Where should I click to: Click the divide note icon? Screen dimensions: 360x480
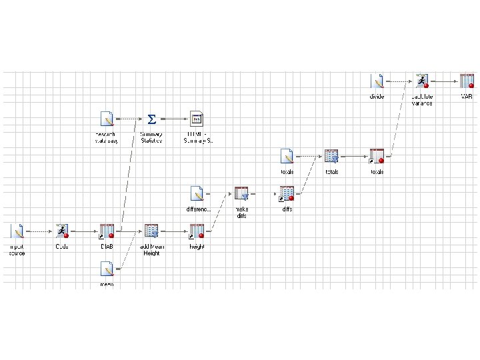pyautogui.click(x=377, y=81)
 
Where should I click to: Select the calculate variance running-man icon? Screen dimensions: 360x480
pyautogui.click(x=421, y=81)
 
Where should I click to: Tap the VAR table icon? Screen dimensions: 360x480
pyautogui.click(x=467, y=81)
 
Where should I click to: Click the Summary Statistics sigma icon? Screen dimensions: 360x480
pyautogui.click(x=151, y=119)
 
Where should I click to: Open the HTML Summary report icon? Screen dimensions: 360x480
pyautogui.click(x=196, y=119)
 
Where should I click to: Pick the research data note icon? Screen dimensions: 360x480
pyautogui.click(x=106, y=119)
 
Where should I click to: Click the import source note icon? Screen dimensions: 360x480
pyautogui.click(x=17, y=231)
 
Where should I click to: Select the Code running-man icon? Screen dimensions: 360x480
pyautogui.click(x=62, y=231)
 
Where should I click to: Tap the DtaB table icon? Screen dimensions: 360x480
pyautogui.click(x=107, y=231)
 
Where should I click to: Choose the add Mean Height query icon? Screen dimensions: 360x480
pyautogui.click(x=151, y=231)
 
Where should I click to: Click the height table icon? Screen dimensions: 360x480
pyautogui.click(x=197, y=231)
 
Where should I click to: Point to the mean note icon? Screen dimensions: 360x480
pyautogui.click(x=106, y=269)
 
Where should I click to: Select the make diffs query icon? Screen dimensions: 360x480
pyautogui.click(x=241, y=194)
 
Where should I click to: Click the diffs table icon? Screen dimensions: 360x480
pyautogui.click(x=287, y=194)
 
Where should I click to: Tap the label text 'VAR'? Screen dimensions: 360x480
pyautogui.click(x=467, y=97)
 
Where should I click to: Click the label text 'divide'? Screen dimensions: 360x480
pyautogui.click(x=377, y=97)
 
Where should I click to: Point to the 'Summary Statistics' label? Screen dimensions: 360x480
pyautogui.click(x=151, y=137)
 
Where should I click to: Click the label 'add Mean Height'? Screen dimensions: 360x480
pyautogui.click(x=151, y=249)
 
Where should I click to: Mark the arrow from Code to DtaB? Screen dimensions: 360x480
pyautogui.click(x=84, y=232)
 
